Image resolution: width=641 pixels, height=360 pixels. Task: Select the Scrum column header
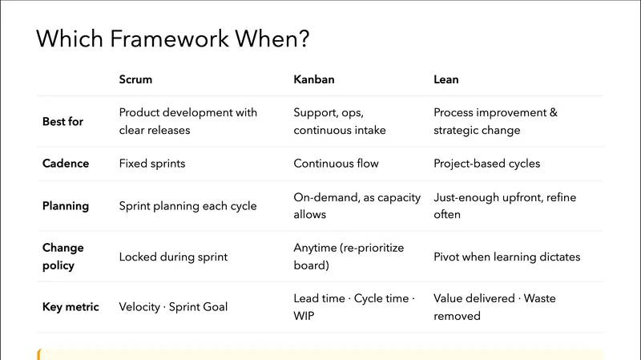[135, 80]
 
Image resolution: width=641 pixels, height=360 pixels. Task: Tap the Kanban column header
[314, 80]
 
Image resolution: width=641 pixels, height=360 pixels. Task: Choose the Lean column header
[446, 80]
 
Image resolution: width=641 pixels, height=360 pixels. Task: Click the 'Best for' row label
[62, 122]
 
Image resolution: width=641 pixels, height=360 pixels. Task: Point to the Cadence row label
[66, 164]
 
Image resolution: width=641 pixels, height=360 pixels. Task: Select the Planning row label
[66, 206]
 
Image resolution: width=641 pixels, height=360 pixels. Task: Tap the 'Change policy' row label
[62, 257]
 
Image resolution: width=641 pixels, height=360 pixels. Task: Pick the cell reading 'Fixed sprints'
[152, 164]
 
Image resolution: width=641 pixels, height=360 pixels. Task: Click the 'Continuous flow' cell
[336, 164]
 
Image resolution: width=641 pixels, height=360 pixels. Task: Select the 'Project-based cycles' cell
[486, 164]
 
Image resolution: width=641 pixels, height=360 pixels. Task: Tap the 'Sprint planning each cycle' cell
[187, 206]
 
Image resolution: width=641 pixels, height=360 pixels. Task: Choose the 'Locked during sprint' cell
[173, 257]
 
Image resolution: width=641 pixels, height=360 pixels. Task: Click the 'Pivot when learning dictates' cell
[506, 257]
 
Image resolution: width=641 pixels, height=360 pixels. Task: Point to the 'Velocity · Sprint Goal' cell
[173, 307]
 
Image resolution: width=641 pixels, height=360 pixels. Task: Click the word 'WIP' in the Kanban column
[304, 316]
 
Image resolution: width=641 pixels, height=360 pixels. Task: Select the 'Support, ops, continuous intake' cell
[339, 122]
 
